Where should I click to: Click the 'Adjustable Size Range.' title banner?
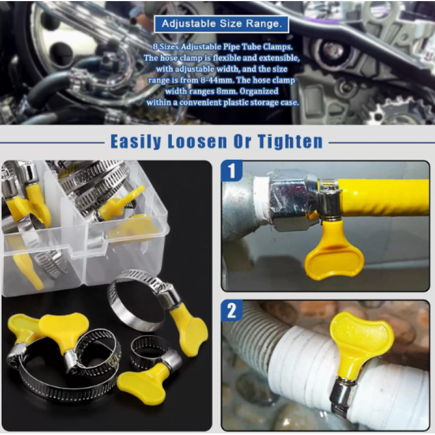[x=221, y=24]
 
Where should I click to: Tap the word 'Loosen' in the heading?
[x=197, y=141]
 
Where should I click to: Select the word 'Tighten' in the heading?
[x=290, y=141]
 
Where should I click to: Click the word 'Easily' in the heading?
[x=136, y=142]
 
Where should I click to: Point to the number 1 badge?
[x=232, y=171]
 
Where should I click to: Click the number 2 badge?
[x=232, y=310]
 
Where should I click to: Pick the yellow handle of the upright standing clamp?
[x=189, y=330]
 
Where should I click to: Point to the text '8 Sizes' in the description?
[x=166, y=47]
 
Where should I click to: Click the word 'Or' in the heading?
[x=242, y=141]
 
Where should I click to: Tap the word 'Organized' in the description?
[x=259, y=91]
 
